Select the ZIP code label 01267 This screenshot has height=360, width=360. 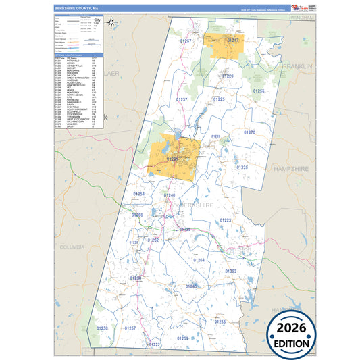coord(186,42)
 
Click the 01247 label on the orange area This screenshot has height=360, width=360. coord(232,41)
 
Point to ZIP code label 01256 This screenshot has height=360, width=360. coord(259,91)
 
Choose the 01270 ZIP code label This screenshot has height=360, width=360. coord(250,132)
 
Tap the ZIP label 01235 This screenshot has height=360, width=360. coord(242,167)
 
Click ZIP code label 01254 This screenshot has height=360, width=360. coord(138,194)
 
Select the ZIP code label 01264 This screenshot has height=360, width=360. coord(199,259)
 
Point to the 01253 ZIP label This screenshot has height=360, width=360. coord(231,271)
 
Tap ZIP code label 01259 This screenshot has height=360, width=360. coord(182,337)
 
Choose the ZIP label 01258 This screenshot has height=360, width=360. coord(102,328)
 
